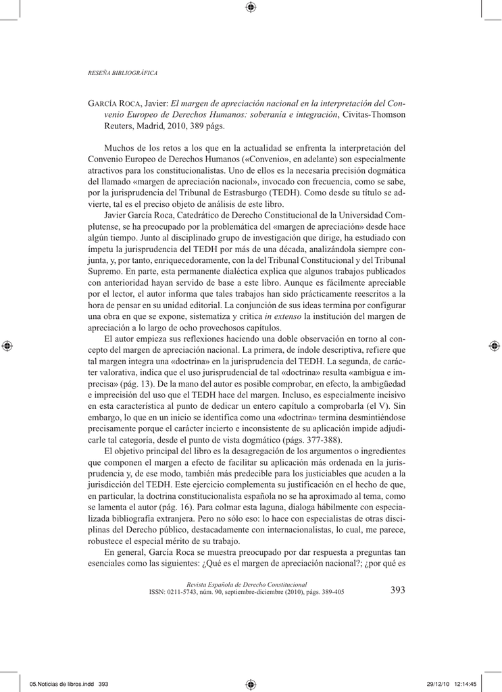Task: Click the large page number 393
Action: [x=398, y=590]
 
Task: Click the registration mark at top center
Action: [x=251, y=7]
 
